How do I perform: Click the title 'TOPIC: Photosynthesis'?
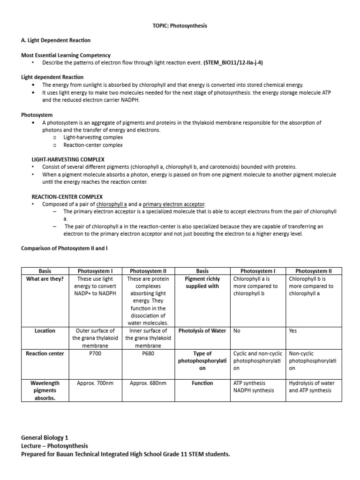tap(180, 26)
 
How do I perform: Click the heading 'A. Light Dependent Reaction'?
tap(56, 40)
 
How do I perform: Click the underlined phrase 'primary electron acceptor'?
tap(173, 204)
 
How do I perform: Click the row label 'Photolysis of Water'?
tap(202, 330)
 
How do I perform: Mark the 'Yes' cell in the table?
tap(293, 330)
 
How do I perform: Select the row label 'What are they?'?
tap(45, 279)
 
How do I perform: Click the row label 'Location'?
tap(45, 330)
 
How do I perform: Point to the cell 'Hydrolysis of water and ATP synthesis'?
tap(312, 387)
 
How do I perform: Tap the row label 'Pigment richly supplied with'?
tap(202, 282)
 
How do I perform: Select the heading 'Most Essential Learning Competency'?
tap(66, 55)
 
